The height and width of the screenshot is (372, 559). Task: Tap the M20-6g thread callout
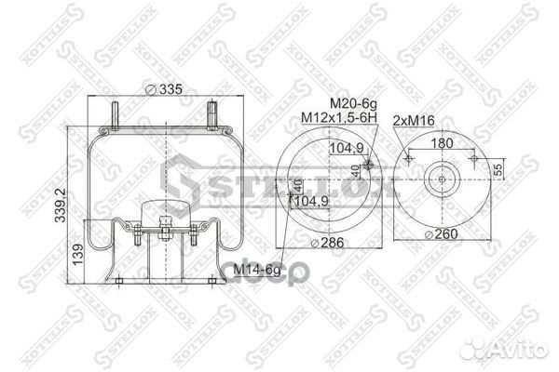point(350,104)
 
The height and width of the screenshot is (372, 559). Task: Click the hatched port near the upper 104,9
point(368,166)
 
